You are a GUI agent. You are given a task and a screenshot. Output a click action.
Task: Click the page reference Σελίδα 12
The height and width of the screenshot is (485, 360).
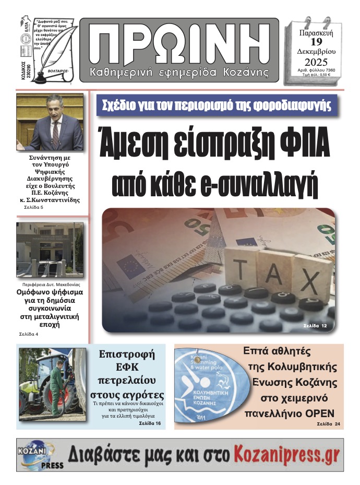coord(315,326)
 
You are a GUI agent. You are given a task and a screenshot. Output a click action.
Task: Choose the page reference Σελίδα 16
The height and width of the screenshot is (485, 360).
coord(150,423)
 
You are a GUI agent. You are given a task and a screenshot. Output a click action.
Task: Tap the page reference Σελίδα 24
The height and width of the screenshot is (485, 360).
coord(328,424)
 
